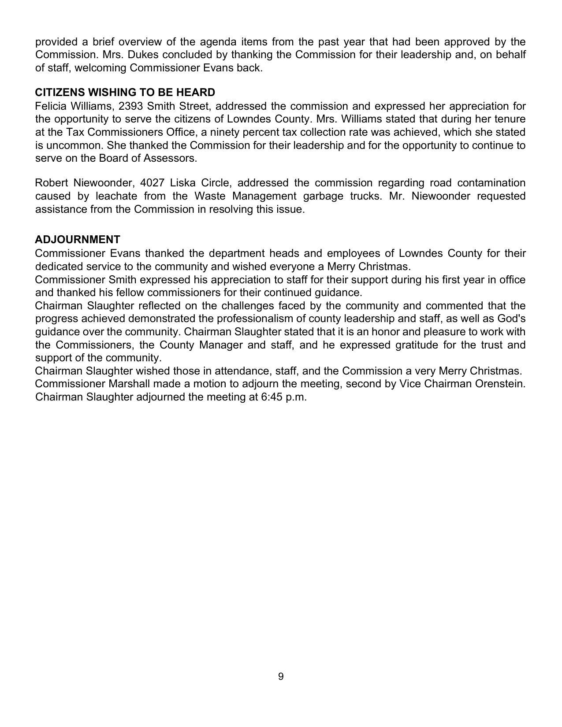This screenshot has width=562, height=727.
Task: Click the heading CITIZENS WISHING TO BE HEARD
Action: click(x=125, y=93)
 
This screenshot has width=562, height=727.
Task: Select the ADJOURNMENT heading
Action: click(x=77, y=240)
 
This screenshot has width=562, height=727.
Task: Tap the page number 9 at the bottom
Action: click(x=281, y=676)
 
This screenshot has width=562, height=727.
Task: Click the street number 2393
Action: click(x=130, y=106)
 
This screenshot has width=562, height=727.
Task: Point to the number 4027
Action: click(x=152, y=183)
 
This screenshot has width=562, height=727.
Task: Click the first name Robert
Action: click(x=51, y=183)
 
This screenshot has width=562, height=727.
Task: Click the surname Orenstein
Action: click(x=500, y=384)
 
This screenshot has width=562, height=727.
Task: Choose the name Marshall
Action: click(x=129, y=384)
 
